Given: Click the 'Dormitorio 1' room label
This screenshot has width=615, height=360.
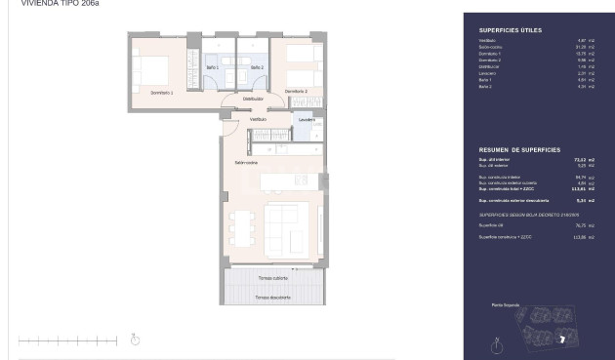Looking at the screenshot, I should coord(162,92).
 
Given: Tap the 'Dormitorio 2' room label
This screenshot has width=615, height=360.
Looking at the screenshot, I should coord(296,92).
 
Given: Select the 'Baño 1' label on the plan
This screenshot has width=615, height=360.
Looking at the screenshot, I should coord(213,67).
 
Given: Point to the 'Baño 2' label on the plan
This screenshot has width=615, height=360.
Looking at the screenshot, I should coord(257,67).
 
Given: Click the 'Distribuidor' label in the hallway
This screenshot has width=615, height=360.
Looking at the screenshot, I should coord(253,99).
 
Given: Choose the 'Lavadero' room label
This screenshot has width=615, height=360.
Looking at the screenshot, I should coord(307,120).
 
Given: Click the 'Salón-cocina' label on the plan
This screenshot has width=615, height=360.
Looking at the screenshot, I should coord(246,162).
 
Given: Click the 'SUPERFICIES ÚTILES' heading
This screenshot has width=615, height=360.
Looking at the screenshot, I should coord(503,29).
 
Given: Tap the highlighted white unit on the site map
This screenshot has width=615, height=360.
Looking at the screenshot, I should coord(563,339).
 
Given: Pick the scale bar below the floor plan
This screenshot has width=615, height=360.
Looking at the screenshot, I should coord(67,340).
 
